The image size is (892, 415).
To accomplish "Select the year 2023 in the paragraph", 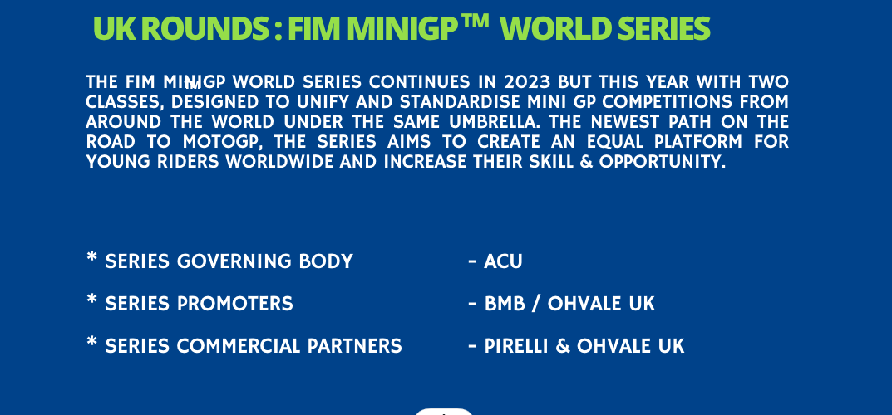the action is [x=527, y=82].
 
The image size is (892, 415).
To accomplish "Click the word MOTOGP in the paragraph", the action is [x=219, y=142].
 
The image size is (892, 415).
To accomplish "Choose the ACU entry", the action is [x=503, y=261].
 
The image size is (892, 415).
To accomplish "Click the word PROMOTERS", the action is [x=235, y=304].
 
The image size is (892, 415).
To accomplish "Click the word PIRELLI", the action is [x=515, y=346].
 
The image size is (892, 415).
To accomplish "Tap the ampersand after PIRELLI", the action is [x=562, y=346].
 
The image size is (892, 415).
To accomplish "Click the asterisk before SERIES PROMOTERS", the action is [x=91, y=299].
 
